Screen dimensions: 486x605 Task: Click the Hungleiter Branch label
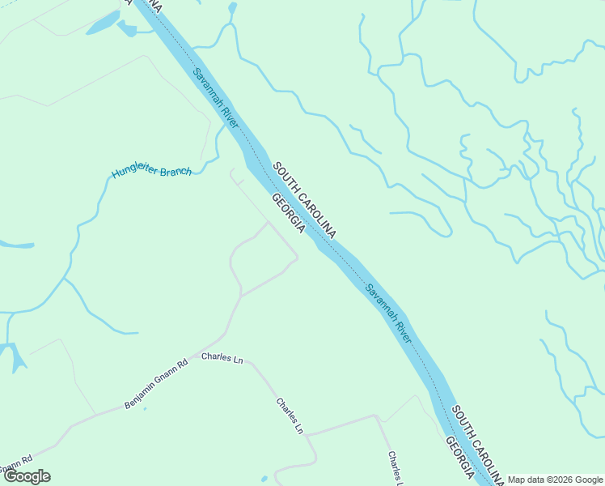pos(151,172)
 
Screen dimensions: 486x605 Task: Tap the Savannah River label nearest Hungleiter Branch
pos(215,100)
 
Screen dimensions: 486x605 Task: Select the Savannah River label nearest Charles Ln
pos(388,313)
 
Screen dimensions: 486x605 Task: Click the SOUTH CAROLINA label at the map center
pos(304,199)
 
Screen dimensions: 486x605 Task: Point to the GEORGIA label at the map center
pos(288,214)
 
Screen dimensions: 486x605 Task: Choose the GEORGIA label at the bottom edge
pos(459,458)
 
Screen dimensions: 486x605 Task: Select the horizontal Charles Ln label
pos(222,357)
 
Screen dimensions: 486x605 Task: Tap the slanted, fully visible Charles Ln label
pos(289,416)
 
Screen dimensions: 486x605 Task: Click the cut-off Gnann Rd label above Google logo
pos(16,462)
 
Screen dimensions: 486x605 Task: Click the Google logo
pos(27,476)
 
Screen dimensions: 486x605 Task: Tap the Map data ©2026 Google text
pos(555,480)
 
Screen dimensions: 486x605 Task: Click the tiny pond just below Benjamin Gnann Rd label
pos(145,407)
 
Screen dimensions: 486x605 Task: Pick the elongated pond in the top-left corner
pos(103,23)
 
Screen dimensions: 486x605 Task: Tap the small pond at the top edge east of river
pos(233,8)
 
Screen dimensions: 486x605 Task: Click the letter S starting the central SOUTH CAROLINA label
pos(277,166)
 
